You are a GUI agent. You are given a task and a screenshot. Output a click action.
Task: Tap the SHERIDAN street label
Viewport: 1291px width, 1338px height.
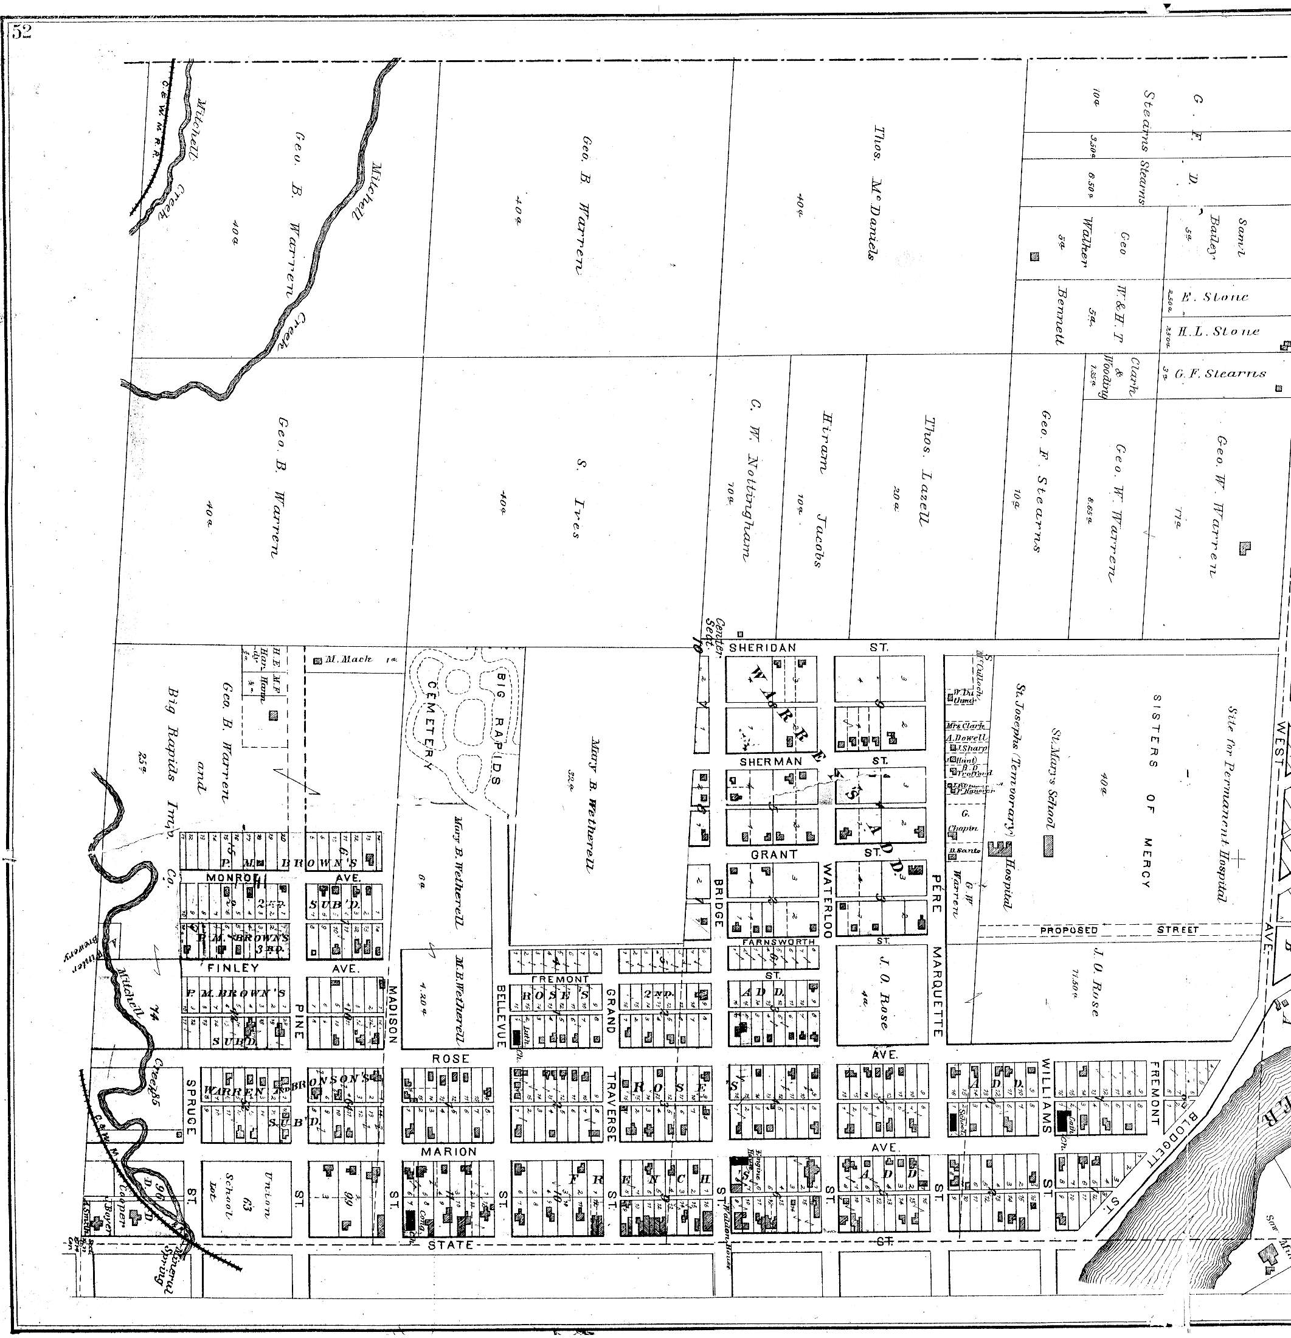[x=763, y=647]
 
